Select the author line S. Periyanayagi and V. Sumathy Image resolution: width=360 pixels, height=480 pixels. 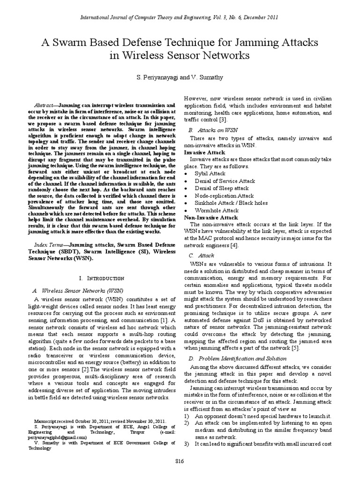pyautogui.click(x=180, y=76)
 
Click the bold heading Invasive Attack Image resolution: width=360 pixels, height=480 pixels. pyautogui.click(x=204, y=152)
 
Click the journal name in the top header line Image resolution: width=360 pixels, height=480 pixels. pyautogui.click(x=155, y=17)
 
